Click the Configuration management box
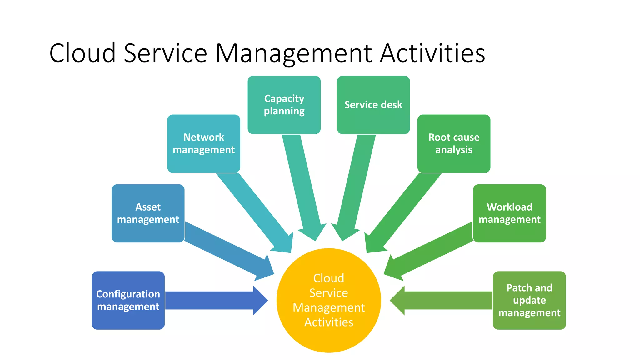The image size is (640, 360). [x=128, y=300]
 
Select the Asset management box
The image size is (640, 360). [x=148, y=213]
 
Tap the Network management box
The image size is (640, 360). [x=203, y=143]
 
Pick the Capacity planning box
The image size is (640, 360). [x=284, y=105]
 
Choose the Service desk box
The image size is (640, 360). [x=373, y=105]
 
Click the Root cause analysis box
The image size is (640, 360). [x=454, y=143]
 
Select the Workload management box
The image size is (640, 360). [x=509, y=213]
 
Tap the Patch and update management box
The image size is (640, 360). [x=529, y=300]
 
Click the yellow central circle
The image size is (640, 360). [x=329, y=300]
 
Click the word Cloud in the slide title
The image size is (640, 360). [x=82, y=53]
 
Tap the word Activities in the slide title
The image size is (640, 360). [x=432, y=53]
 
